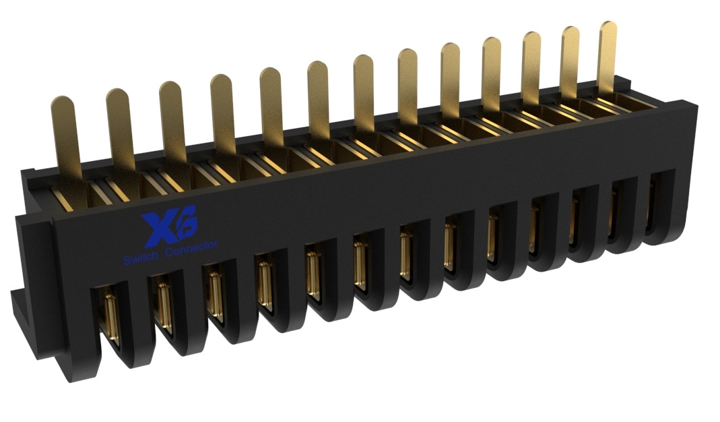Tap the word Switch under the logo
pyautogui.click(x=139, y=260)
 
